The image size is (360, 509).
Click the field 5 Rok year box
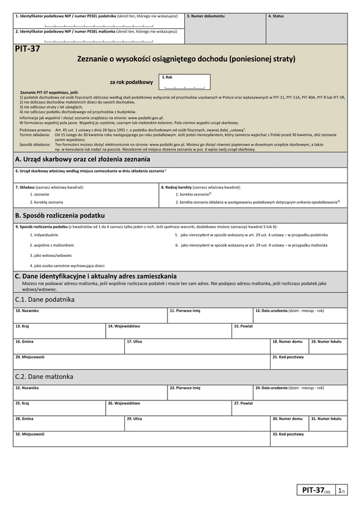[x=185, y=82]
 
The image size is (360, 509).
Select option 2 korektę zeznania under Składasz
[x=46, y=202]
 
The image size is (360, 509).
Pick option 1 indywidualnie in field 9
[x=46, y=235]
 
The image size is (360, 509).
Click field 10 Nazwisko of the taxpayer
[x=90, y=315]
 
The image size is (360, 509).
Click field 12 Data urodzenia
[x=300, y=315]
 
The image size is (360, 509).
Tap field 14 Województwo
[x=168, y=330]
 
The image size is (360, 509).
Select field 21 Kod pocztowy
[x=308, y=361]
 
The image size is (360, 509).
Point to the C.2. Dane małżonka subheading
[x=43, y=377]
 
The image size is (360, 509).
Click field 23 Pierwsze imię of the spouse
[x=210, y=392]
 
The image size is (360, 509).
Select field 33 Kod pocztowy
[x=308, y=438]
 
